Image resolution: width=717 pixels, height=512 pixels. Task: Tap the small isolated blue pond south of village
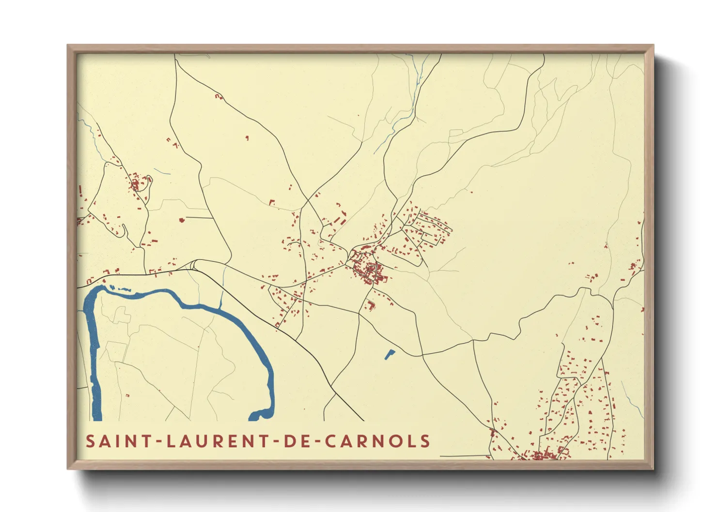(389, 354)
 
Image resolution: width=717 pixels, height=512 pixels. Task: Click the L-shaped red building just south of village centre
(371, 305)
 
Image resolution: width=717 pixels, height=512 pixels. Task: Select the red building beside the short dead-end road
(182, 220)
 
